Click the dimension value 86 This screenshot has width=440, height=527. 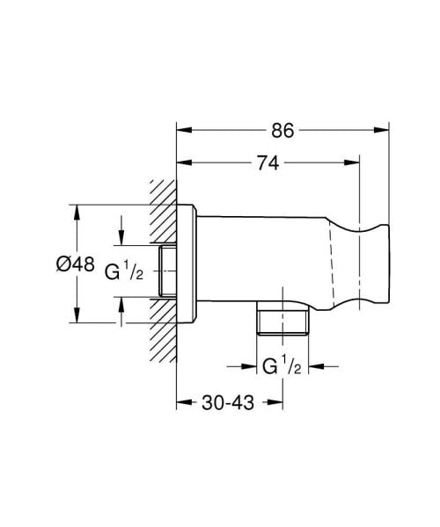(282, 131)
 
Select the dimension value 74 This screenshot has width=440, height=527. (268, 163)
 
